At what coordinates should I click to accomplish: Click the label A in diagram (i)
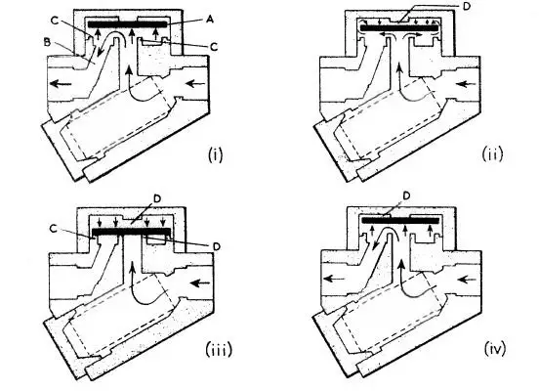pos(209,19)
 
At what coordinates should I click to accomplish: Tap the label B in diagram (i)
pos(47,42)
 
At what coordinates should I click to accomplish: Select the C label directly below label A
pos(214,47)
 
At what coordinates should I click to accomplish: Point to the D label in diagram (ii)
pos(466,7)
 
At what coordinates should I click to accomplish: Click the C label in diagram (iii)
pos(53,229)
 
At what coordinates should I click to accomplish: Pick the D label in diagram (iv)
pos(406,196)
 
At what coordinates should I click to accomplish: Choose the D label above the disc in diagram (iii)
pos(157,199)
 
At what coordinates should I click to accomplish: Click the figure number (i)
pos(216,154)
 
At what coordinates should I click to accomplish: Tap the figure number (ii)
pos(492,153)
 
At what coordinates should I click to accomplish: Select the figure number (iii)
pos(219,350)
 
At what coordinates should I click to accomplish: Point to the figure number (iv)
pos(495,349)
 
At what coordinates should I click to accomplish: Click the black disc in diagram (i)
pos(128,24)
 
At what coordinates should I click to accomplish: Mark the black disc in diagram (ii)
pos(399,28)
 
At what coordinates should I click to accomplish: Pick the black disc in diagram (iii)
pos(132,232)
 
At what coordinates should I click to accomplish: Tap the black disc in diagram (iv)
pos(400,220)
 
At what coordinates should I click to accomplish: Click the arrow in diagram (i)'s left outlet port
pos(61,83)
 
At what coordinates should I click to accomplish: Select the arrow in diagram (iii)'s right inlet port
pos(200,282)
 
